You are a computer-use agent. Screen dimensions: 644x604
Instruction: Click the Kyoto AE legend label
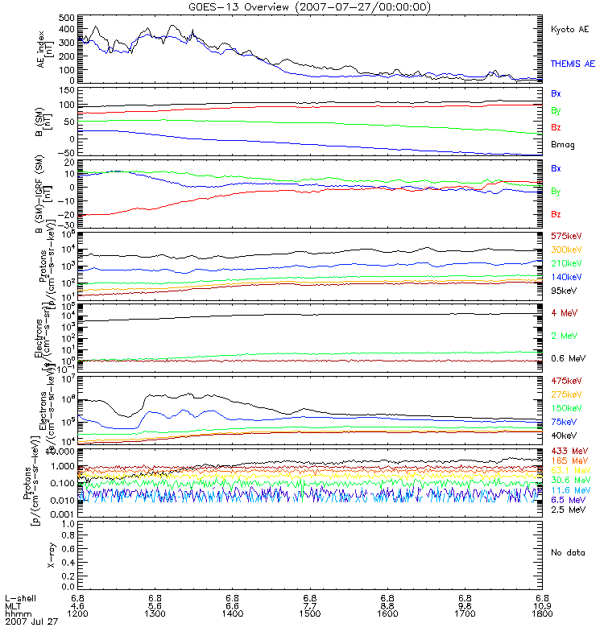pyautogui.click(x=570, y=29)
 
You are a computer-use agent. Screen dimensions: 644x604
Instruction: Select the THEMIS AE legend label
pyautogui.click(x=573, y=63)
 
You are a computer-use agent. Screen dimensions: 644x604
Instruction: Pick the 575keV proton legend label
pyautogui.click(x=566, y=237)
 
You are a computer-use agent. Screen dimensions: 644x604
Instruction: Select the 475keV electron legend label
pyautogui.click(x=566, y=380)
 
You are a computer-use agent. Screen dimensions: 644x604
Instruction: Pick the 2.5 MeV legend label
pyautogui.click(x=567, y=510)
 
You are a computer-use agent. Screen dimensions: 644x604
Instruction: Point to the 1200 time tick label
pyautogui.click(x=78, y=613)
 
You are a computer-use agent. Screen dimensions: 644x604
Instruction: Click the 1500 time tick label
pyautogui.click(x=310, y=613)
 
